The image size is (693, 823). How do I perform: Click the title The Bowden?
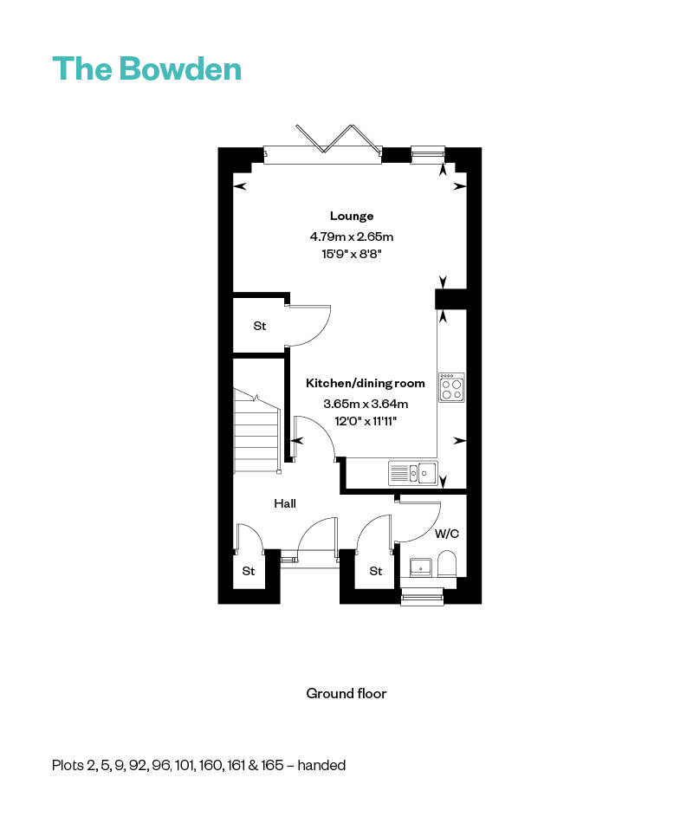click(x=147, y=68)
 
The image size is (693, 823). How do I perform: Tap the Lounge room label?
click(x=351, y=216)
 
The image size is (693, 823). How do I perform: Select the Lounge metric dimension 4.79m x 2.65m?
click(x=351, y=236)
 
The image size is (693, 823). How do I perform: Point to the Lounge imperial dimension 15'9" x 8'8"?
click(x=351, y=255)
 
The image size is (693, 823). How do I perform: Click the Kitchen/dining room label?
click(x=366, y=383)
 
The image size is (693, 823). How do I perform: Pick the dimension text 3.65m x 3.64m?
click(x=366, y=403)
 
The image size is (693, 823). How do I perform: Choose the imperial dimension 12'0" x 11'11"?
click(x=366, y=422)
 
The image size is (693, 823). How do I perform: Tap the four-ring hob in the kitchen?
click(x=451, y=386)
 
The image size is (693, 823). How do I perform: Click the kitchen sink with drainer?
click(x=412, y=473)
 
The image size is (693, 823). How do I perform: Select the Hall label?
click(x=285, y=503)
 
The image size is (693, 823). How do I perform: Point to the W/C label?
click(x=446, y=534)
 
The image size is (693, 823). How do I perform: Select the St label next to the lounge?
click(x=259, y=327)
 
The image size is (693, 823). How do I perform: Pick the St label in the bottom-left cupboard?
click(x=249, y=572)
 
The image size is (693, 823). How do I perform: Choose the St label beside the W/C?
click(x=375, y=572)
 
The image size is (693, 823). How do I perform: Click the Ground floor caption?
click(x=346, y=693)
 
